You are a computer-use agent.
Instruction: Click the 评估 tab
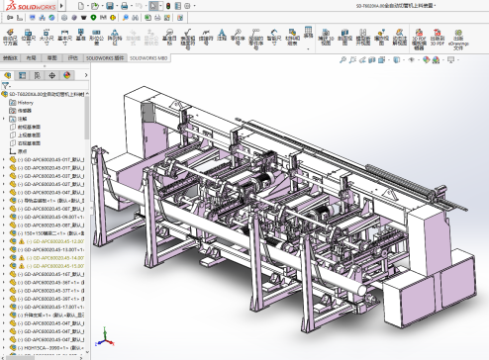point(72,58)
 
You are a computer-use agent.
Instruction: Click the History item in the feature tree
point(27,102)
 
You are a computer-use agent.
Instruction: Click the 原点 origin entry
point(23,149)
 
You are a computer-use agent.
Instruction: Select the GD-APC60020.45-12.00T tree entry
point(59,240)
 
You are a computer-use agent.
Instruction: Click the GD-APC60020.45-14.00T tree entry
point(59,257)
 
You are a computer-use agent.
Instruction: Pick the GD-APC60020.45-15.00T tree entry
point(59,265)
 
